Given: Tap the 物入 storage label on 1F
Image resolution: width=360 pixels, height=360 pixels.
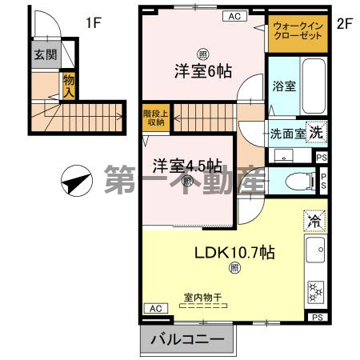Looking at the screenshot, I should click(x=70, y=84).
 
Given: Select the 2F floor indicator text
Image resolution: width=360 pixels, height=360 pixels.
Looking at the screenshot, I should click(x=345, y=22).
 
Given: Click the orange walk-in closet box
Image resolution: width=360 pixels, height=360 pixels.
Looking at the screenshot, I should click(x=296, y=35).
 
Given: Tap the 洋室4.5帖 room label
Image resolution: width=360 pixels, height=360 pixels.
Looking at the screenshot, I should click(x=188, y=166).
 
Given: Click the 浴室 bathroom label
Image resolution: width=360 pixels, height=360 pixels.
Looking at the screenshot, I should click(x=284, y=86).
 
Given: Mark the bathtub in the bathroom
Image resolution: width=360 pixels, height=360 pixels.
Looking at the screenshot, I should click(x=314, y=86).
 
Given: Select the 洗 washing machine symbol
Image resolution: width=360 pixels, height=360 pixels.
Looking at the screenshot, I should click(x=317, y=134).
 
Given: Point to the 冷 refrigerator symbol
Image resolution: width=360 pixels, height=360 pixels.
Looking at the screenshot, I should click(x=314, y=220).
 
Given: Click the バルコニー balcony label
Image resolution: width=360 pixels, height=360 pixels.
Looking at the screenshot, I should click(x=188, y=341).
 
